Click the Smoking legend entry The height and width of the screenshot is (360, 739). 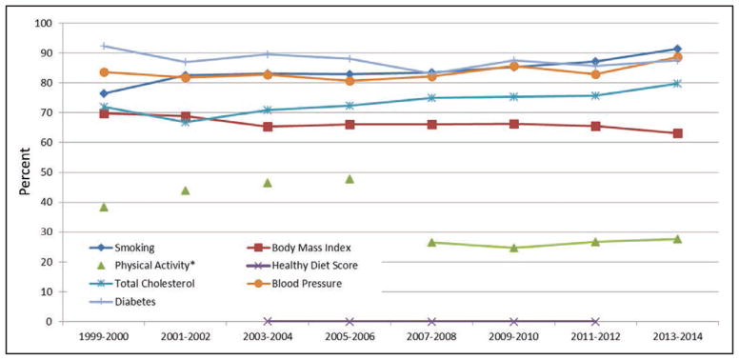122,248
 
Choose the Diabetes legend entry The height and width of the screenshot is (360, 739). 123,302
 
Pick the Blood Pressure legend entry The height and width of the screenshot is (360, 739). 294,284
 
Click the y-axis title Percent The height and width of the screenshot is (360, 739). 25,171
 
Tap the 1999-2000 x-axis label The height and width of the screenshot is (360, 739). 103,337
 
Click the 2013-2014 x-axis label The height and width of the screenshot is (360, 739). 677,337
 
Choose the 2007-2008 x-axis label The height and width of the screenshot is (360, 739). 431,337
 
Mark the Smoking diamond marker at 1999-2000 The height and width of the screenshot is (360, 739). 104,93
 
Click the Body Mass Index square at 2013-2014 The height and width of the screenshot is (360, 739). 678,133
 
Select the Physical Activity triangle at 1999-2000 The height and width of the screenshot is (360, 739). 104,207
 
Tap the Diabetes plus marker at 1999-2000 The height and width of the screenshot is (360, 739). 104,46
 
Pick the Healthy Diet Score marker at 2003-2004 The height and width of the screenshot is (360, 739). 268,321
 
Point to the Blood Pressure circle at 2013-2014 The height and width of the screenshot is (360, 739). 678,57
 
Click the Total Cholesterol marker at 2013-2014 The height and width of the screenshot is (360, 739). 677,84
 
